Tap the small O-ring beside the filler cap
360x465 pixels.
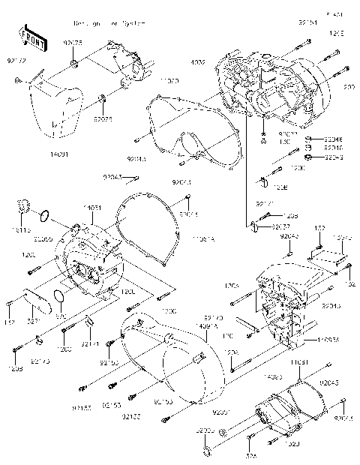pos(45,217)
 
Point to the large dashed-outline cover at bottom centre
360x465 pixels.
pos(169,360)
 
